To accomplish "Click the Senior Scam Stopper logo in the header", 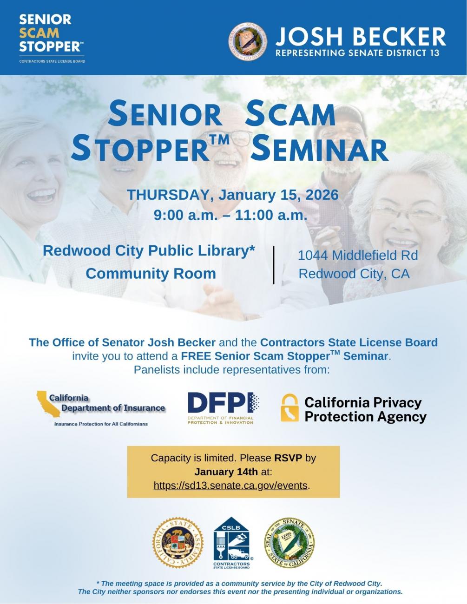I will pos(51,37).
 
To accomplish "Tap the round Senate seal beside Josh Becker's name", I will pos(248,41).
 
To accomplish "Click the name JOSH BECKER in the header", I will pos(361,36).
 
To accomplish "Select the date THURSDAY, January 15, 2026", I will pos(232,195).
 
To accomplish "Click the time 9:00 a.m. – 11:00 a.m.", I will pos(230,215).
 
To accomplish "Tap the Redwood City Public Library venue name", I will pos(149,250).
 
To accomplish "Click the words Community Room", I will pos(151,274).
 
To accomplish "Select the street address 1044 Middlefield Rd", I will pos(357,255).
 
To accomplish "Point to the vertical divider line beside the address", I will pos(274,265).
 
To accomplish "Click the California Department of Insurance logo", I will pos(101,408).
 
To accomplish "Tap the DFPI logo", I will pos(223,408).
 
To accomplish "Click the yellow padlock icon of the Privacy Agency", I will pos(289,407).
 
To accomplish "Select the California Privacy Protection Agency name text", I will pos(365,409).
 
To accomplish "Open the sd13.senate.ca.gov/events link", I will pos(230,486).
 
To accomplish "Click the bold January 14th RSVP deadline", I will pos(226,472).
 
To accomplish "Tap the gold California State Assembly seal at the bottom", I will pos(178,543).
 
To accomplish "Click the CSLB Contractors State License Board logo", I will pos(232,543).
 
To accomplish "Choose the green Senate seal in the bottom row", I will pos(289,543).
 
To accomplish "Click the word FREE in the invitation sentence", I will pos(196,356).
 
